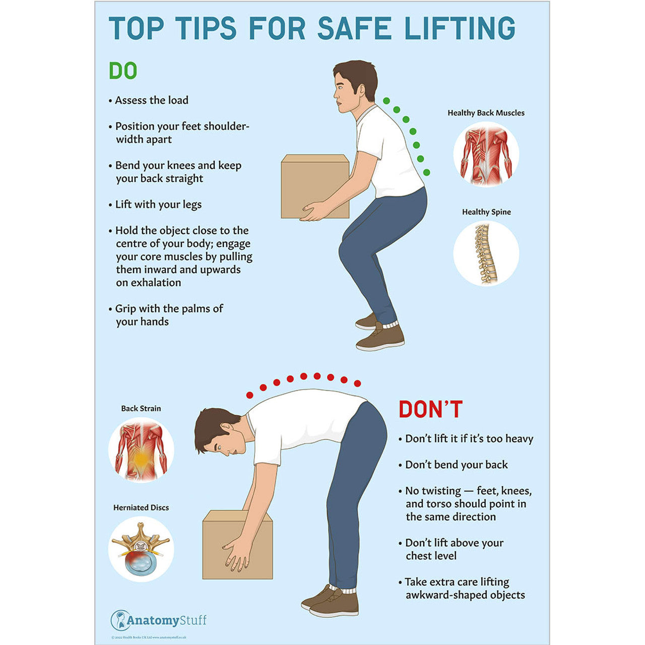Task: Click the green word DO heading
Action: [x=123, y=71]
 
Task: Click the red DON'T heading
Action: [x=430, y=409]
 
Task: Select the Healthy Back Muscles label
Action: [x=486, y=113]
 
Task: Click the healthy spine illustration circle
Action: [x=486, y=253]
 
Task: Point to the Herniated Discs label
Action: [x=141, y=507]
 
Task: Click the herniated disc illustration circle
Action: [x=141, y=549]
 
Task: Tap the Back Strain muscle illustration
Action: [x=141, y=450]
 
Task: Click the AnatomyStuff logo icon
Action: [x=120, y=620]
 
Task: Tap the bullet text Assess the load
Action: [x=151, y=100]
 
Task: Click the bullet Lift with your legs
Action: [x=158, y=205]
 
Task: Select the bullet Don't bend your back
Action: [x=456, y=465]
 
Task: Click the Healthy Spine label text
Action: [x=486, y=212]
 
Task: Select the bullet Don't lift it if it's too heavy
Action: [x=469, y=439]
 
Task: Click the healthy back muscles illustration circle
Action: [x=486, y=155]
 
